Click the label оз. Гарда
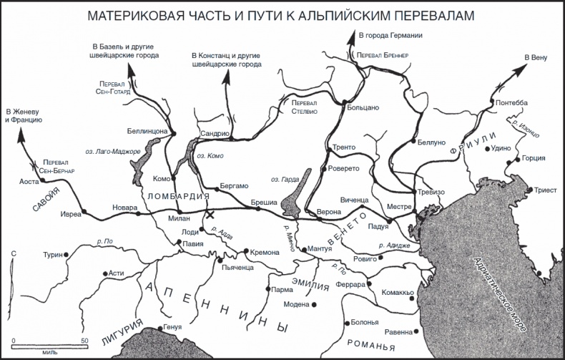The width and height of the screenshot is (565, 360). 285,179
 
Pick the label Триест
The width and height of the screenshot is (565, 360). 544,190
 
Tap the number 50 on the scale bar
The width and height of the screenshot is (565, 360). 84,341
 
